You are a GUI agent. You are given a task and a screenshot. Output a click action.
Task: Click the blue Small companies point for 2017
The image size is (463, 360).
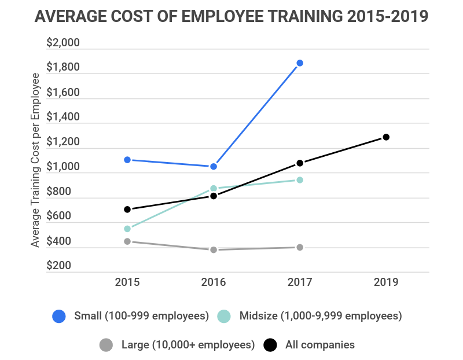[300, 63]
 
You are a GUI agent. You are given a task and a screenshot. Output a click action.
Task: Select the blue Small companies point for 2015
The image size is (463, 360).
[127, 160]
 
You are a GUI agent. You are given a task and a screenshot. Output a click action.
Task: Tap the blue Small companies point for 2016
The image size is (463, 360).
[214, 167]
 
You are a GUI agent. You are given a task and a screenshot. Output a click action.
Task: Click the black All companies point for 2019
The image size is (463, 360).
[386, 137]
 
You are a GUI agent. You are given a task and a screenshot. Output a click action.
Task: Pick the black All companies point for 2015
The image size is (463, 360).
[127, 210]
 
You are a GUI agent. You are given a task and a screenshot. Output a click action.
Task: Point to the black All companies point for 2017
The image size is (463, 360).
[300, 163]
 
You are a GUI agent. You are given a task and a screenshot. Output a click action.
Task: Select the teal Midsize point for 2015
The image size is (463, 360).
[127, 229]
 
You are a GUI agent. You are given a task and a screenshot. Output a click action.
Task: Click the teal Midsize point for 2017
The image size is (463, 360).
[300, 180]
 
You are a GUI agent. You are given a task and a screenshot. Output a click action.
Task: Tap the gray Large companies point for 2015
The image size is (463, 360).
[127, 241]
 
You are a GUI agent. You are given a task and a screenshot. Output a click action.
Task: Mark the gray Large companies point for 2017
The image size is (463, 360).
[300, 247]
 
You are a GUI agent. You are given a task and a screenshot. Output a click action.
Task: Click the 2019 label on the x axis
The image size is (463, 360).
[386, 282]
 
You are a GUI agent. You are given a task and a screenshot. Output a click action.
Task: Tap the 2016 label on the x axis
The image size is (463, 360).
[214, 282]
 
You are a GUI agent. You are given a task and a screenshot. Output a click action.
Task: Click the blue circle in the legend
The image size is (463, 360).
[59, 316]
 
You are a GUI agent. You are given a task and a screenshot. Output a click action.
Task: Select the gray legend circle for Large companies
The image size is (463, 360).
[106, 345]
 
